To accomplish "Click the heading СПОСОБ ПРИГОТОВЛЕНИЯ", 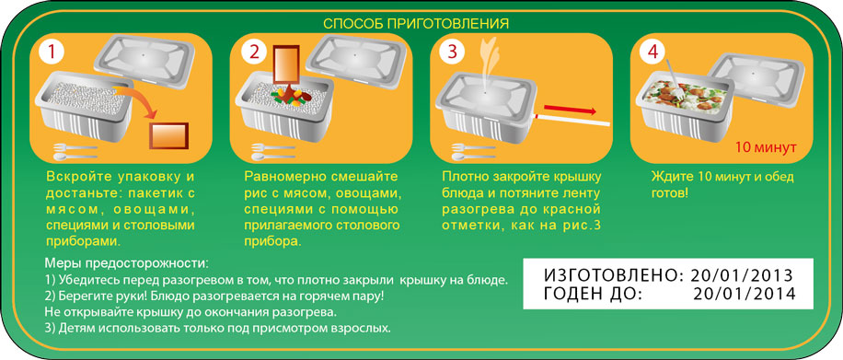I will click(x=416, y=23).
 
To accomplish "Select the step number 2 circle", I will click(x=254, y=52).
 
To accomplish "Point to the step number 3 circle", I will click(x=453, y=52).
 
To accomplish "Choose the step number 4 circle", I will click(x=652, y=52).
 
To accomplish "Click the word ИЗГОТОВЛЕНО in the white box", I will click(x=600, y=275).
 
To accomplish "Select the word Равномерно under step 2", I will click(x=281, y=176).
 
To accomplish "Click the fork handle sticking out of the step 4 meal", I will click(x=671, y=75).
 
